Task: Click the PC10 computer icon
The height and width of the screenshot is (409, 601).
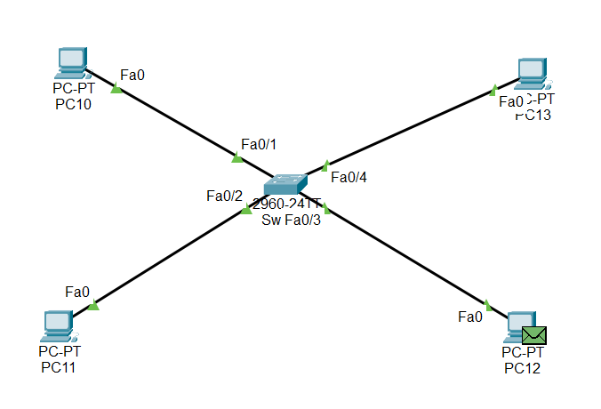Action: (x=69, y=63)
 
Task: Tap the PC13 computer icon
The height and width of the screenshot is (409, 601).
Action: (x=533, y=72)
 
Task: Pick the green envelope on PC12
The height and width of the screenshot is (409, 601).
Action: (x=534, y=335)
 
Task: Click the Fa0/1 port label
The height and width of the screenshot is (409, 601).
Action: (x=260, y=144)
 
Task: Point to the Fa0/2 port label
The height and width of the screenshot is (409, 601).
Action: (x=224, y=196)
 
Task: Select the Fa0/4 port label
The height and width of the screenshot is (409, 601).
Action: (x=349, y=177)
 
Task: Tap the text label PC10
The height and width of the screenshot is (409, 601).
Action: (x=73, y=104)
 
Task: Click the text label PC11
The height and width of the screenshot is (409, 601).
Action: (x=59, y=368)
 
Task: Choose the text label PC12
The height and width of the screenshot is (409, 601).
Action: (x=522, y=368)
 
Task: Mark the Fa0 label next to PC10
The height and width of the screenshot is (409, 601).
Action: (x=132, y=75)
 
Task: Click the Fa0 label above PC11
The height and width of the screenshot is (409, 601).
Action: (x=77, y=291)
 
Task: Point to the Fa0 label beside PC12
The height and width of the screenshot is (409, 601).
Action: (x=470, y=316)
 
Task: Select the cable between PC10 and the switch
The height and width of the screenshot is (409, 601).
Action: (x=178, y=124)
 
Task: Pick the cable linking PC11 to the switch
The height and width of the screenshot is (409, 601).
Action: (x=169, y=259)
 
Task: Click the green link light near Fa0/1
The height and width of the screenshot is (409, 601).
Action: (x=236, y=158)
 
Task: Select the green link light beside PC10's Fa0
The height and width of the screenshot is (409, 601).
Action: (x=116, y=88)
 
